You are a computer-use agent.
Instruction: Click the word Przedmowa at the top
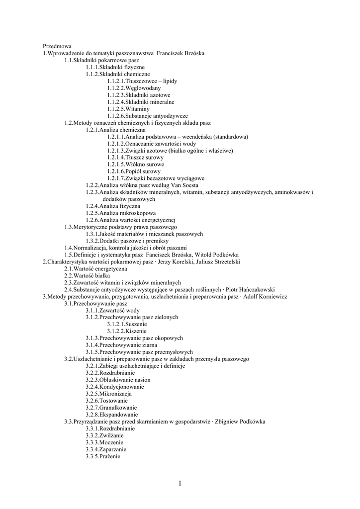pos(57,46)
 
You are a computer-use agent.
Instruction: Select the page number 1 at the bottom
pos(180,483)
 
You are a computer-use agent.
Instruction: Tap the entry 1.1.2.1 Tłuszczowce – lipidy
pos(142,81)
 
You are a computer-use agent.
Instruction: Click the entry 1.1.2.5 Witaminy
pos(128,108)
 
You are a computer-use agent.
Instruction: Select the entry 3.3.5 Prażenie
pos(103,456)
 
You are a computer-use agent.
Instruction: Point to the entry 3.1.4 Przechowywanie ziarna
pos(121,345)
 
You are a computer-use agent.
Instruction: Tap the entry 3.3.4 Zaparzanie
pos(105,449)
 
